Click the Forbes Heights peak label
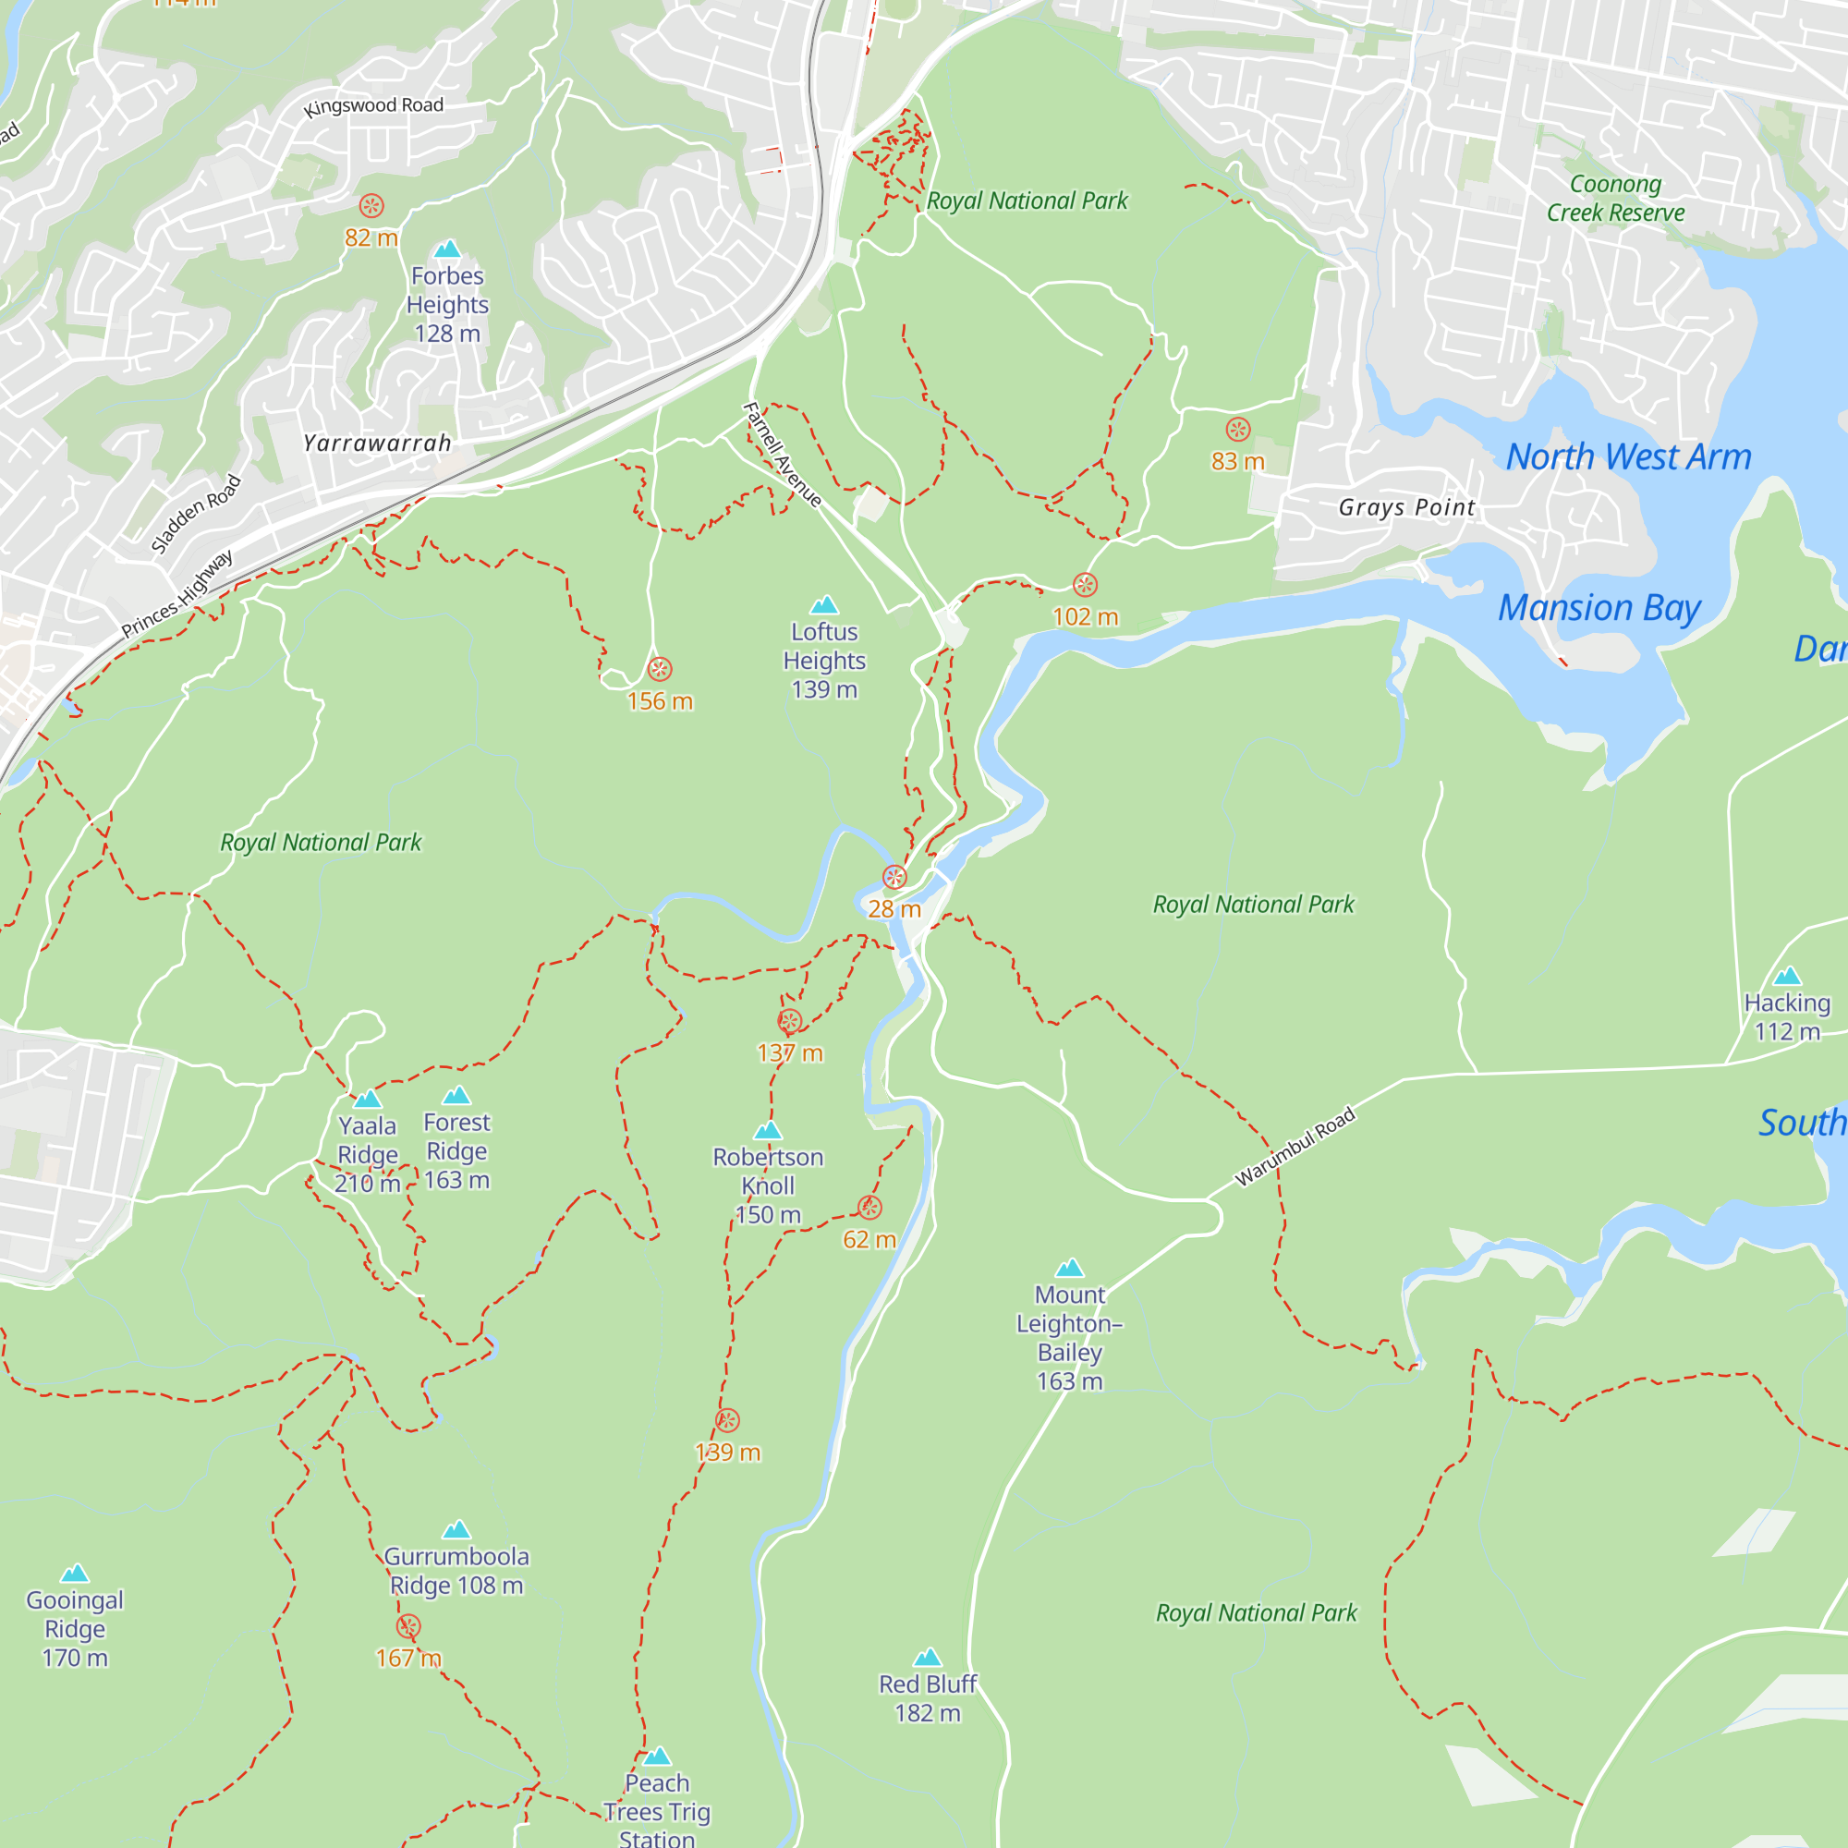[446, 304]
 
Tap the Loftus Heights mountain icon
[823, 604]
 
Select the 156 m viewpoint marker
[659, 669]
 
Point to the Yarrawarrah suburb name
[377, 443]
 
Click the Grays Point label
[1406, 507]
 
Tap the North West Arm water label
[1628, 457]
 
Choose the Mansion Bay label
[1599, 608]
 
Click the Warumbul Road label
[1295, 1146]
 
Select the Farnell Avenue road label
[782, 455]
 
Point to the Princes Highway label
[177, 594]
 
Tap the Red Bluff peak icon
[927, 1657]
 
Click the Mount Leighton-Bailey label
[1068, 1337]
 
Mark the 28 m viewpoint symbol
[894, 876]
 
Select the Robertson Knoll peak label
[767, 1185]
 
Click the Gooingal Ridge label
[75, 1628]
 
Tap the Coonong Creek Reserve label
[1614, 198]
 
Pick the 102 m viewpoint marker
[1084, 585]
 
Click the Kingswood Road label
[373, 106]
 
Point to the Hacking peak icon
[1787, 976]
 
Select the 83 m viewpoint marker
[1237, 429]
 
